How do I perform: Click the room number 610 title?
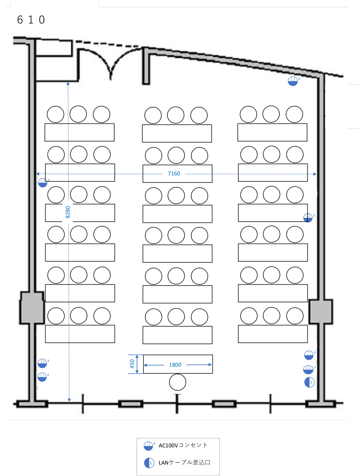31,20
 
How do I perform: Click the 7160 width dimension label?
174,174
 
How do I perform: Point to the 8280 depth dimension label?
68,212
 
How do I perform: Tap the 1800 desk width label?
175,365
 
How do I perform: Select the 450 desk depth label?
132,364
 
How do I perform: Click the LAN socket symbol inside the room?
309,382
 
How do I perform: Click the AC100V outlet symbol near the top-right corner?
293,81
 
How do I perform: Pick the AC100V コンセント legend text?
183,445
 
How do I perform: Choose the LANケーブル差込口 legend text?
184,462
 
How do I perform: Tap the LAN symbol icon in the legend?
149,463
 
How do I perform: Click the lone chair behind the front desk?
177,382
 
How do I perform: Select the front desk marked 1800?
178,364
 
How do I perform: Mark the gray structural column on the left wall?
32,308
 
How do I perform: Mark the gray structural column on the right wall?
321,311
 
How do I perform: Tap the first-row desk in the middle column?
177,133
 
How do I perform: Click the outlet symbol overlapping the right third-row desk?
308,218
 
